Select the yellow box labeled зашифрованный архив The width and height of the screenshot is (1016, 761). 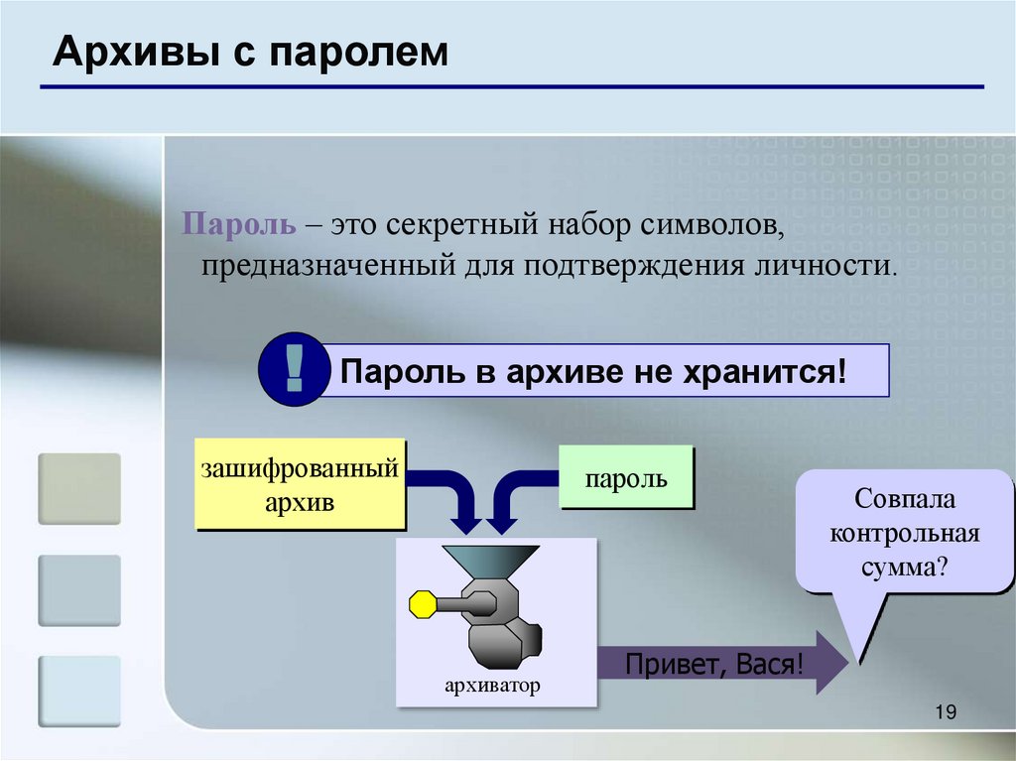300,483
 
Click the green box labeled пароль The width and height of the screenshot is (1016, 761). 626,479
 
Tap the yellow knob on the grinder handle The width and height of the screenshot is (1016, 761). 423,603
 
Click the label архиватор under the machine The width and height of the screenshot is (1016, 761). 493,685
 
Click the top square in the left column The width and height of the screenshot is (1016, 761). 79,488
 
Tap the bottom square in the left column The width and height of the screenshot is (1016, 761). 79,691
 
